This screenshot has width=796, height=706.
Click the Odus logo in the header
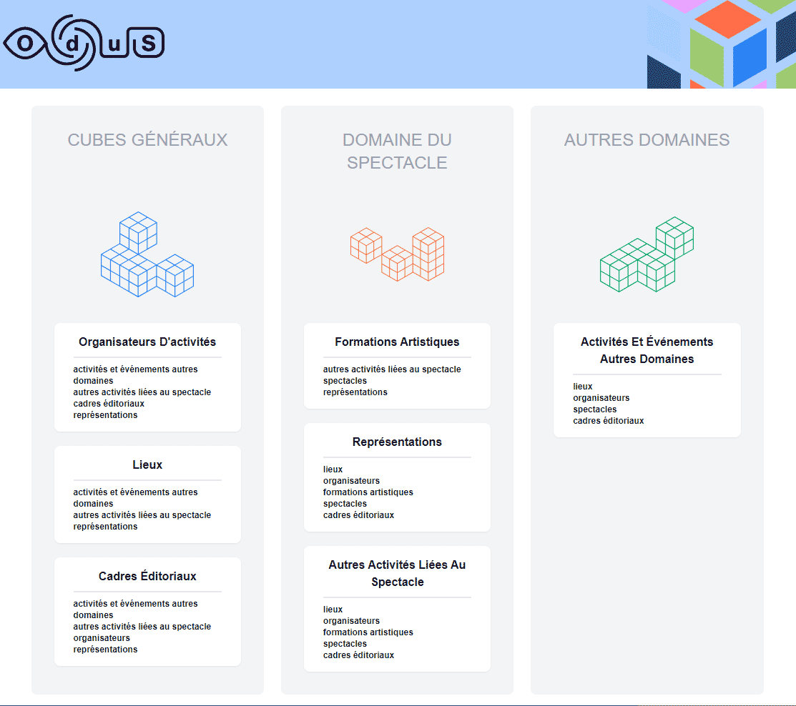[x=84, y=43]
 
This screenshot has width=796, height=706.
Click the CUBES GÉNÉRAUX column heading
[x=148, y=139]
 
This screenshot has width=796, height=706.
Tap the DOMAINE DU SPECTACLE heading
[x=397, y=151]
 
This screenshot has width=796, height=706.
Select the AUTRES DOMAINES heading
[x=647, y=139]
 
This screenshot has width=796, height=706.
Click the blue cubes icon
[x=147, y=254]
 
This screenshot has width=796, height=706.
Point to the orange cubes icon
[x=398, y=254]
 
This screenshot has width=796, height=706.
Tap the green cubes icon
[x=647, y=254]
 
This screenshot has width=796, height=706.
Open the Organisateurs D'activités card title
[x=147, y=342]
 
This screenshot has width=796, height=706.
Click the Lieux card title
[x=147, y=464]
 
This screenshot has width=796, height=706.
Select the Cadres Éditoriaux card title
[x=147, y=576]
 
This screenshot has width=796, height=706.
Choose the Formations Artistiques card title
[x=397, y=342]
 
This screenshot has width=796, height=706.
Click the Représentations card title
[x=397, y=442]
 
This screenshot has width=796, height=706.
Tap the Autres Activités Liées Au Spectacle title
[x=397, y=573]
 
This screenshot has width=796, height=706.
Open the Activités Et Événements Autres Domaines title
[x=647, y=350]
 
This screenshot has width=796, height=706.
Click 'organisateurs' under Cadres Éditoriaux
[x=102, y=638]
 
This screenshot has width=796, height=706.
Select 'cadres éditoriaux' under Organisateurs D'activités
[x=109, y=404]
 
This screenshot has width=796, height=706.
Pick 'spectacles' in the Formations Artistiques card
[x=345, y=381]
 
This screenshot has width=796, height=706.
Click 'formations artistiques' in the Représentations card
[x=368, y=492]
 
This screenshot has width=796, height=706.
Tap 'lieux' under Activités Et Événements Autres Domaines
[x=583, y=387]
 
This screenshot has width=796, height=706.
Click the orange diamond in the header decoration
[x=728, y=19]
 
